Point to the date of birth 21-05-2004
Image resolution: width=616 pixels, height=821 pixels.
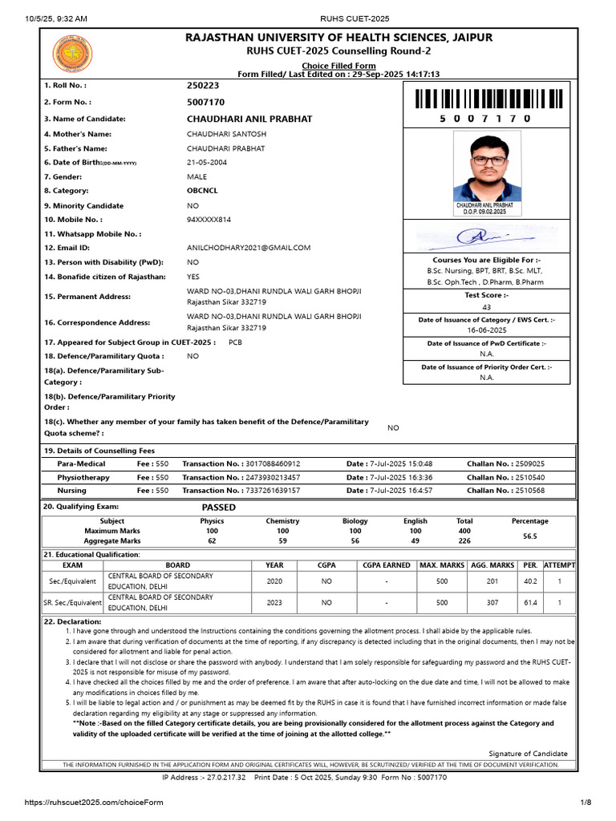coord(208,163)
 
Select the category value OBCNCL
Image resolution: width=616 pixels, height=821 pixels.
coord(202,191)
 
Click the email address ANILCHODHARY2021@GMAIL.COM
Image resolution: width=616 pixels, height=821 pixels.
coord(249,248)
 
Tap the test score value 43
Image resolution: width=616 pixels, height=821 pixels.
coord(487,307)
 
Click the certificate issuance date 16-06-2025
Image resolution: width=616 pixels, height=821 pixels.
coord(487,330)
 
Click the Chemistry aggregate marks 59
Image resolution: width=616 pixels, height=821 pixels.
coord(282,541)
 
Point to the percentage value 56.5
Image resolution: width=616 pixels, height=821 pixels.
coord(529,536)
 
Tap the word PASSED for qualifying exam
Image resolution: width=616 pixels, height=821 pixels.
coord(219,508)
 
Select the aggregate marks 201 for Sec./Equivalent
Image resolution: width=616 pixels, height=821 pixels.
coord(492,581)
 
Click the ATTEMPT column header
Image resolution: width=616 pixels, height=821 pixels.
coord(559,565)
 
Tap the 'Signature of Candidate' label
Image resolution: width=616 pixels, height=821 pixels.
coord(528,754)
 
